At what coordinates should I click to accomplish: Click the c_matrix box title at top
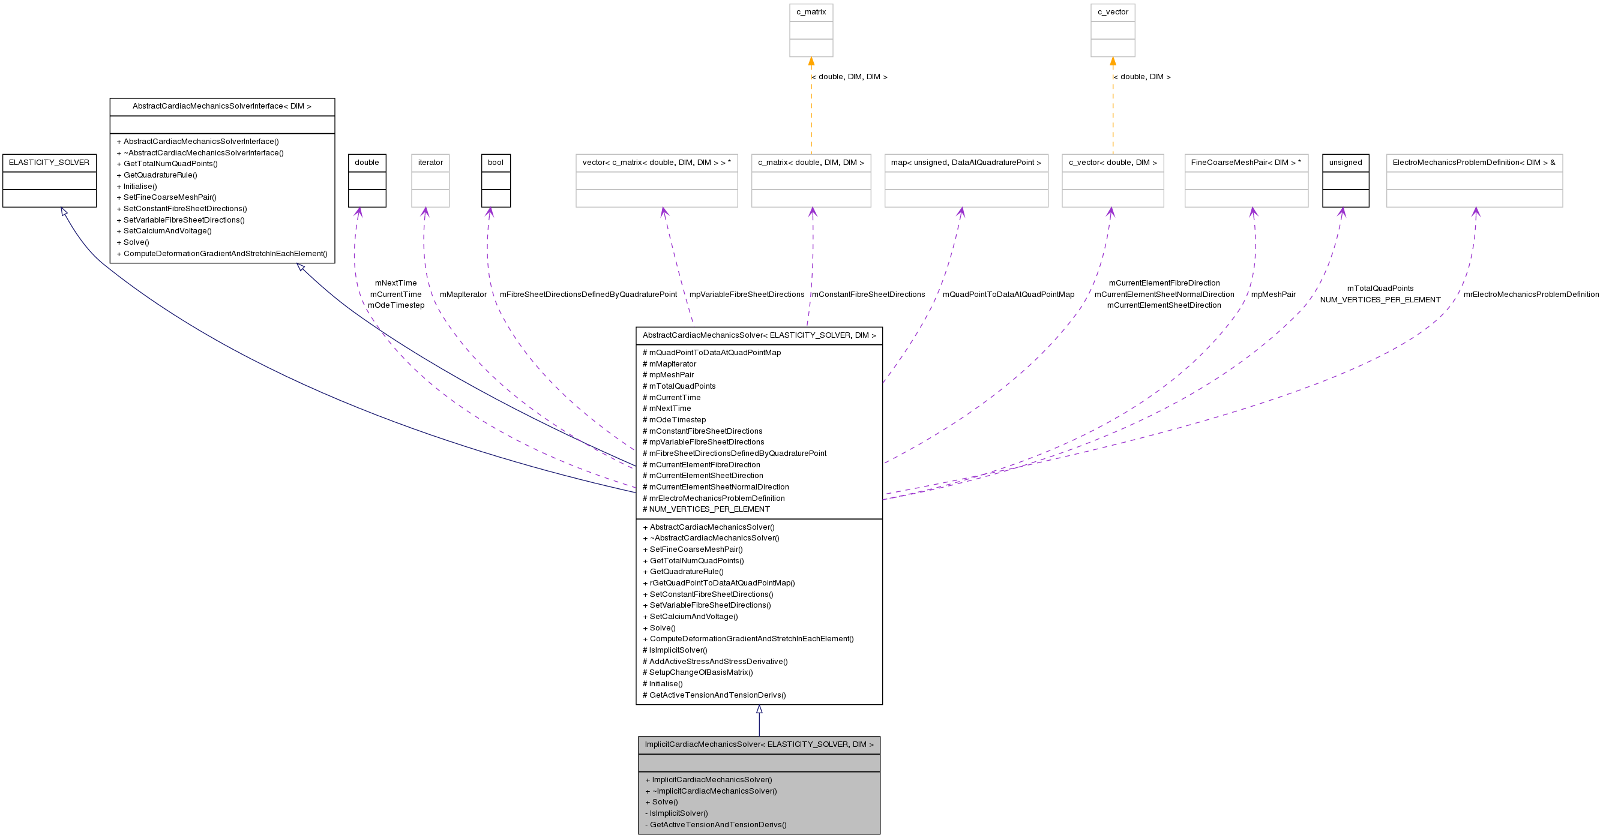tap(811, 13)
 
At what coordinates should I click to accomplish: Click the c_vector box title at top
tap(1113, 13)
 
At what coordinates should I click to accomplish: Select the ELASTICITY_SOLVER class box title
tap(49, 163)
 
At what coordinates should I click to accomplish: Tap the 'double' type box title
tap(367, 163)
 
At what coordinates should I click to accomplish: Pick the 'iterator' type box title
tap(430, 163)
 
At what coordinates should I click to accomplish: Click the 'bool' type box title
tap(495, 163)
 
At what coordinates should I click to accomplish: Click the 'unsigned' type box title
tap(1346, 163)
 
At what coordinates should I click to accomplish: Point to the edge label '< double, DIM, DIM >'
tap(850, 77)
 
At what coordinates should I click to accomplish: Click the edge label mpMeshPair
tap(1273, 295)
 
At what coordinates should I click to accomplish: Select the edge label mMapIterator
tap(463, 295)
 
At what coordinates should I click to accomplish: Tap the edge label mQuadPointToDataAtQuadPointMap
tap(1008, 295)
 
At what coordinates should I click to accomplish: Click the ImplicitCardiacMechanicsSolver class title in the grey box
tap(759, 744)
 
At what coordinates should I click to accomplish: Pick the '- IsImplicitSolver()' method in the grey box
tap(676, 814)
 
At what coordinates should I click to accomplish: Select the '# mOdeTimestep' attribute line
tap(674, 420)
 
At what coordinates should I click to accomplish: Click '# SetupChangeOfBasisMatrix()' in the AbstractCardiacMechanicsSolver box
tap(697, 672)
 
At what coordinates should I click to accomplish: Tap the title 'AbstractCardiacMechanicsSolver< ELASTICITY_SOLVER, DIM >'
tap(759, 336)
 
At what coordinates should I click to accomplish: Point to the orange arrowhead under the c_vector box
tap(1113, 62)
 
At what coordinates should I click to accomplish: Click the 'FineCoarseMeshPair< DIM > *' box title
tap(1246, 163)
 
